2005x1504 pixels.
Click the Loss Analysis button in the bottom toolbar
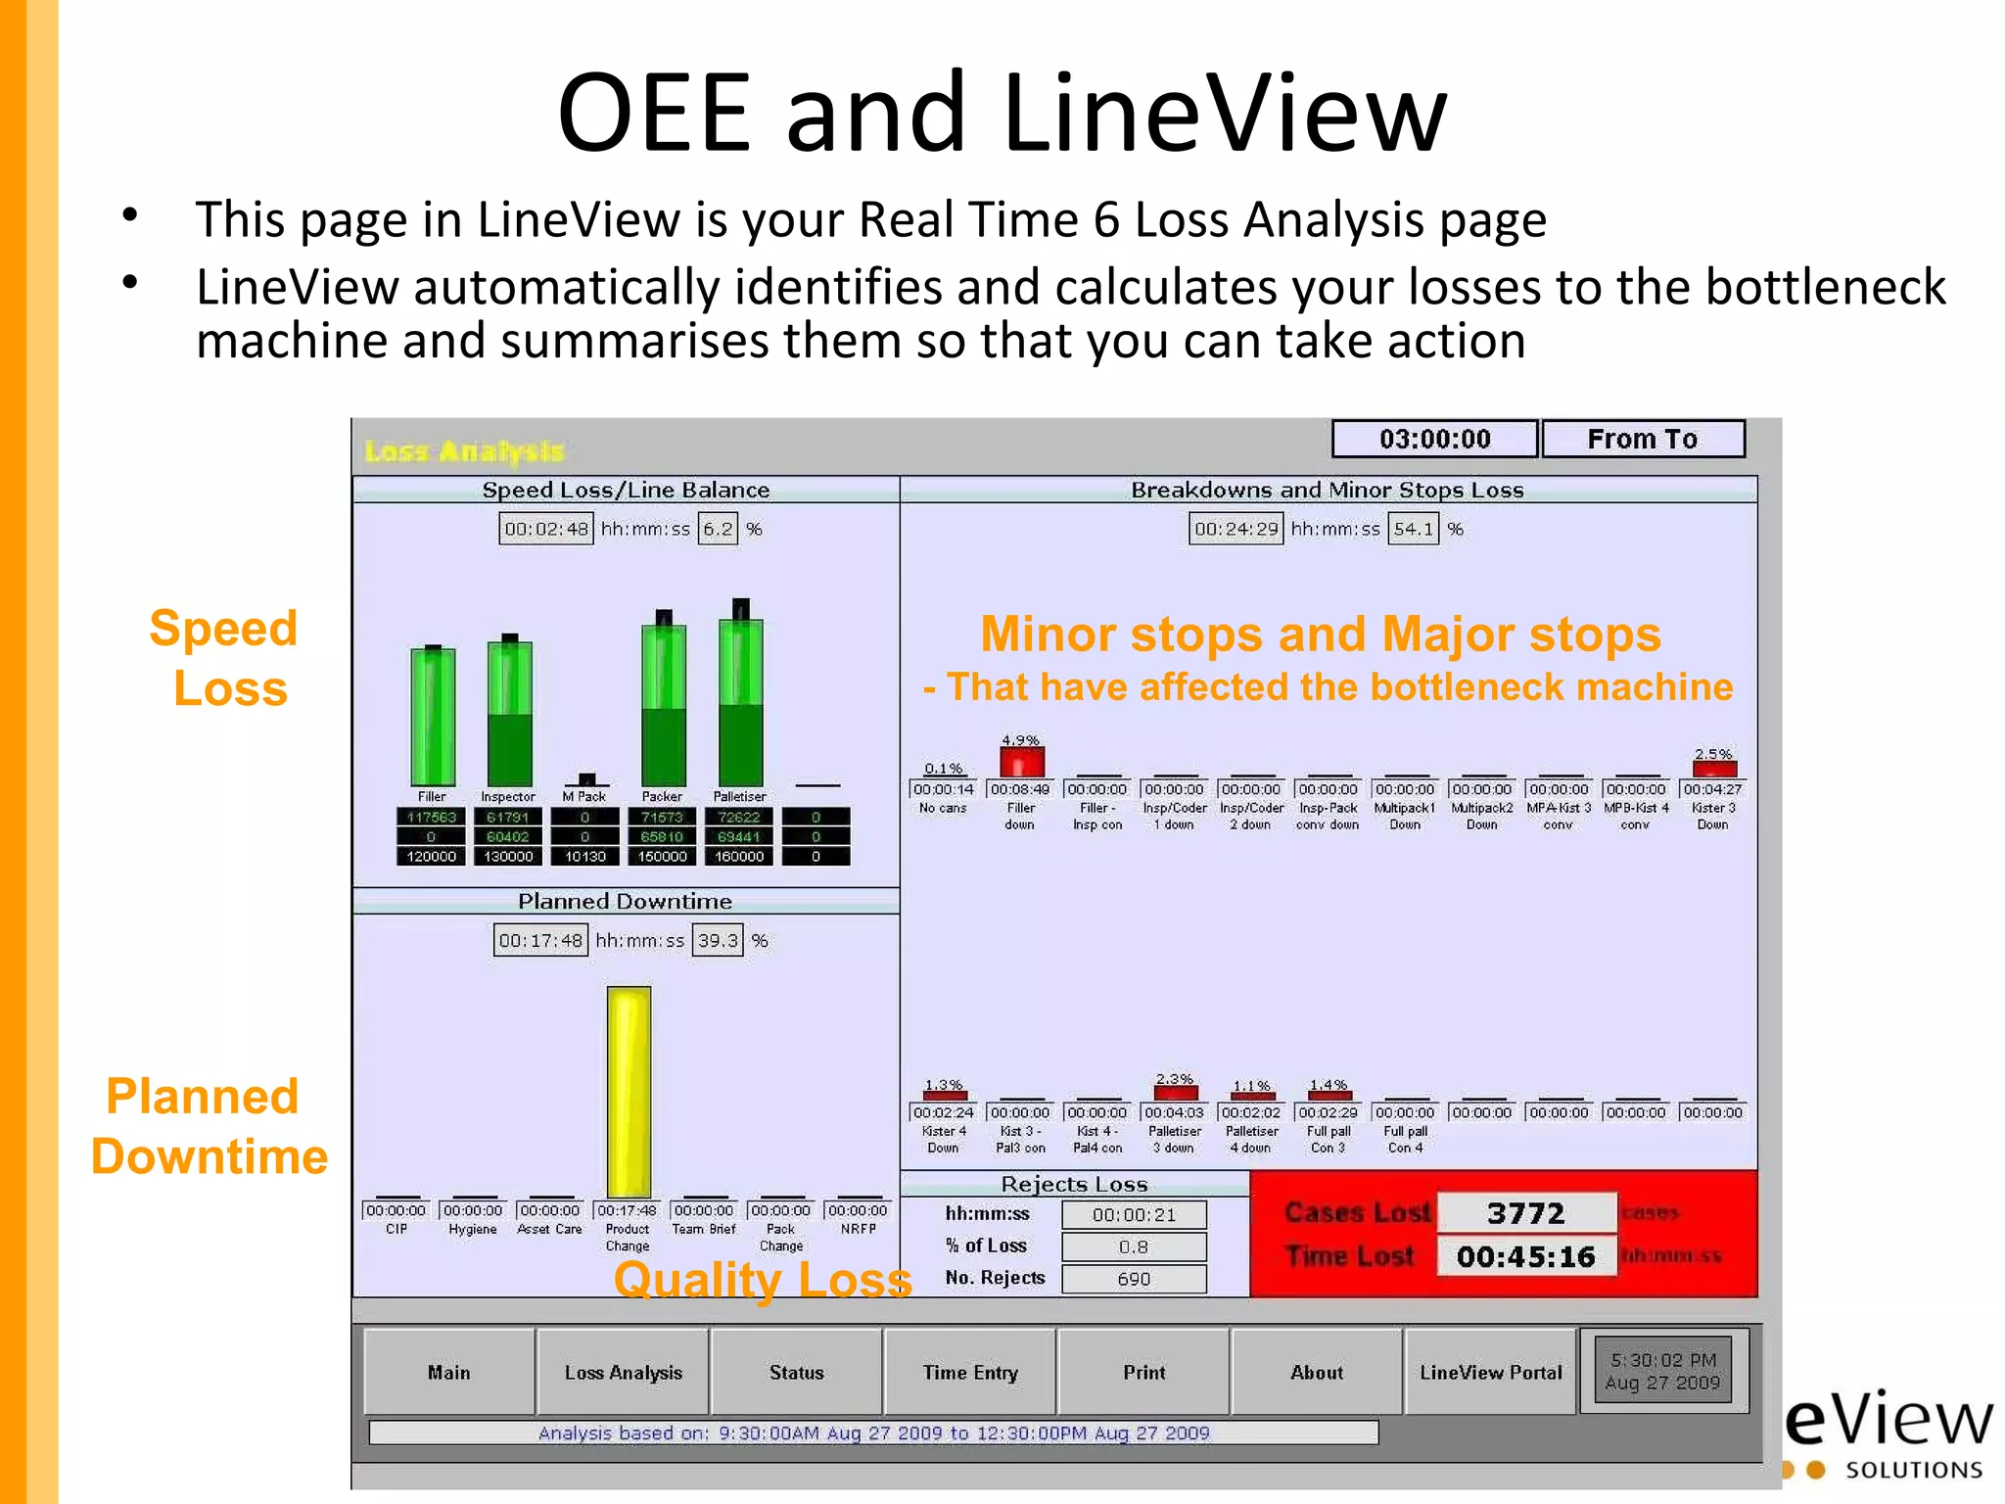[x=623, y=1372]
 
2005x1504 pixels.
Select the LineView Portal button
[x=1490, y=1372]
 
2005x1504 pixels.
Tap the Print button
[x=1143, y=1372]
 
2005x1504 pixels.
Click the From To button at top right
[x=1643, y=439]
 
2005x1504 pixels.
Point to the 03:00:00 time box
[x=1434, y=439]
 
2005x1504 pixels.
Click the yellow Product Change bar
[x=629, y=1092]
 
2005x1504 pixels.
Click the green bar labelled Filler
[x=433, y=717]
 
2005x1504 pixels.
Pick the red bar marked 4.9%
[x=1021, y=762]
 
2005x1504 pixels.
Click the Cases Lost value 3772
[x=1525, y=1213]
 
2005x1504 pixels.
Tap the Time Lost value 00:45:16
[x=1525, y=1256]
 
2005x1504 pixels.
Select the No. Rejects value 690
[x=1134, y=1279]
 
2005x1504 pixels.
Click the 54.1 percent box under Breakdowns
[x=1413, y=529]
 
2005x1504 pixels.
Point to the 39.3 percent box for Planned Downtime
[x=718, y=940]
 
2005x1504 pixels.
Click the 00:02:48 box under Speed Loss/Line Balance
[x=546, y=529]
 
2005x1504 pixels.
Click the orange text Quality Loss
[x=763, y=1279]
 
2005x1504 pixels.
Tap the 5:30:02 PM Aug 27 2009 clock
[x=1662, y=1371]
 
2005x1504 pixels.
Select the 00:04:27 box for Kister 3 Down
[x=1712, y=789]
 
